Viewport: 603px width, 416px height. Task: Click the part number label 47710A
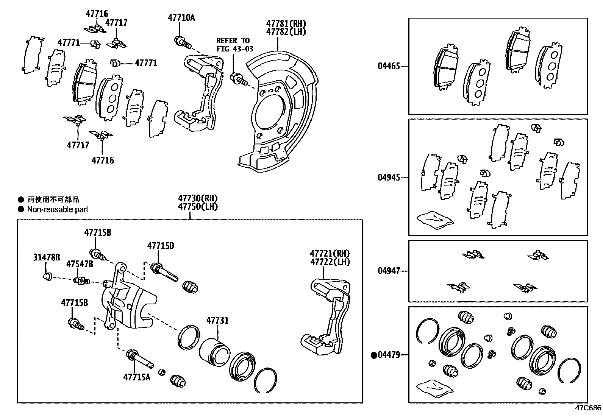pyautogui.click(x=181, y=17)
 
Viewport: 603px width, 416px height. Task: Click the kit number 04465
pyautogui.click(x=389, y=66)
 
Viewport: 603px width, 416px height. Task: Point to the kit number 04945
pyautogui.click(x=389, y=177)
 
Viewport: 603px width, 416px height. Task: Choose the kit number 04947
pyautogui.click(x=389, y=271)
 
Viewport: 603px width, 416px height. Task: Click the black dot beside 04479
pyautogui.click(x=374, y=355)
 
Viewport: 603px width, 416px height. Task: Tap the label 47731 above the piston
pyautogui.click(x=217, y=321)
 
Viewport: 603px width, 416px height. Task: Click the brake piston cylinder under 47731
pyautogui.click(x=214, y=352)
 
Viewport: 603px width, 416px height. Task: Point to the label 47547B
pyautogui.click(x=80, y=264)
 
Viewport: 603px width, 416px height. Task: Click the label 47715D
pyautogui.click(x=161, y=246)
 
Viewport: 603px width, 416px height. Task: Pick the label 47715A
pyautogui.click(x=136, y=377)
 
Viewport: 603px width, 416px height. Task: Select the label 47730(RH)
pyautogui.click(x=198, y=198)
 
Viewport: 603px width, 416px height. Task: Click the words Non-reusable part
pyautogui.click(x=58, y=209)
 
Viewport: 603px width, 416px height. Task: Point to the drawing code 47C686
pyautogui.click(x=588, y=408)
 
